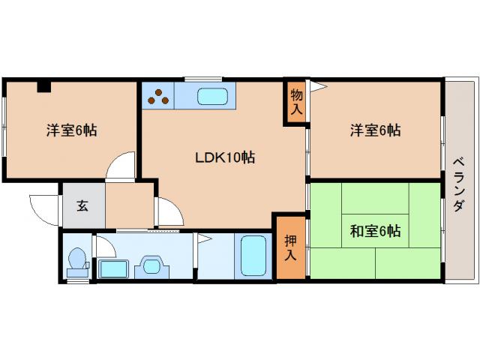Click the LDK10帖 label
(x=224, y=157)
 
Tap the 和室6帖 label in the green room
(x=374, y=231)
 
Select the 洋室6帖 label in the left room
(x=71, y=130)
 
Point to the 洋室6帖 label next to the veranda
(x=374, y=130)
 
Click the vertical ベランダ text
(x=459, y=184)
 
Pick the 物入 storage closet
(x=295, y=101)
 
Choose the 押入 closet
(x=289, y=247)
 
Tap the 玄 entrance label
(x=82, y=205)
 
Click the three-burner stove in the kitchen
(x=158, y=95)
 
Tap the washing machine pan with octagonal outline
(x=153, y=266)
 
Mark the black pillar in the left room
(x=44, y=85)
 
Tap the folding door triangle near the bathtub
(x=203, y=239)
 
